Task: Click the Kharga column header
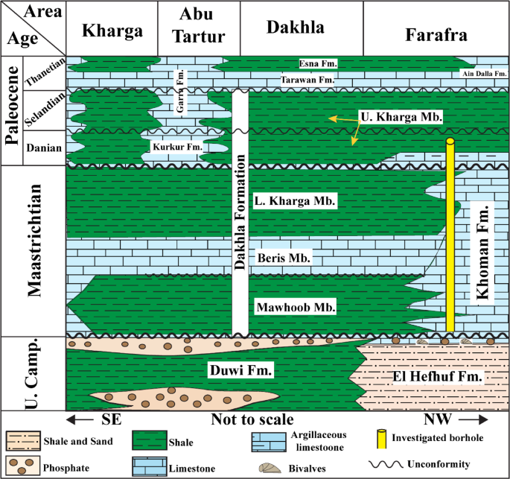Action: [112, 31]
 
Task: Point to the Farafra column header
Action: [436, 34]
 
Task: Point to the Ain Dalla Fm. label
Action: [484, 73]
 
